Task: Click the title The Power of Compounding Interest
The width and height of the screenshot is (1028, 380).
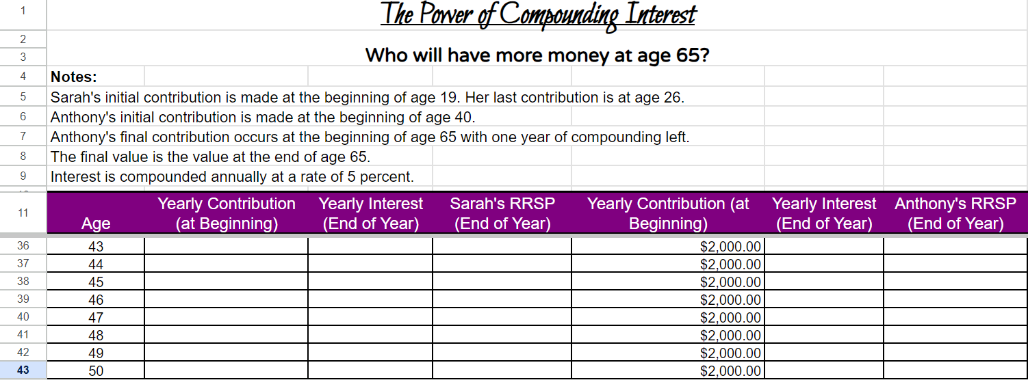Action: [537, 14]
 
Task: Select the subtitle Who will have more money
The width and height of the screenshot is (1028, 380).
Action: [537, 55]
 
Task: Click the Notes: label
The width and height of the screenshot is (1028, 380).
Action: [74, 77]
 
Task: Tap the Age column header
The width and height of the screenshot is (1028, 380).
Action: [95, 223]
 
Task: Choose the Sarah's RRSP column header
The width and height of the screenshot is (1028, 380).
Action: [502, 213]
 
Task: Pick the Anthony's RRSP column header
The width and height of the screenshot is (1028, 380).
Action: [955, 213]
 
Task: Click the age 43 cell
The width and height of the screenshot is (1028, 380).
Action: [95, 247]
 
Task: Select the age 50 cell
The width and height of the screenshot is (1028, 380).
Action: [95, 371]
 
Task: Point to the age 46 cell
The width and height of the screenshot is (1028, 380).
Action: [95, 300]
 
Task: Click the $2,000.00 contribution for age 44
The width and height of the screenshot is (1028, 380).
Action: [730, 264]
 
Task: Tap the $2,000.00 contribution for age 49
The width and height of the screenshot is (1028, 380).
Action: [730, 353]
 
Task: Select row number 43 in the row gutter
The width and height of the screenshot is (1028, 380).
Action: [23, 370]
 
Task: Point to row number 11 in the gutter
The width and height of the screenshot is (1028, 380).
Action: [23, 213]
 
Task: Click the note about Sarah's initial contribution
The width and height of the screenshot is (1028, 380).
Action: [367, 97]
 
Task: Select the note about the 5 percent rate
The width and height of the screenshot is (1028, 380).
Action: [232, 177]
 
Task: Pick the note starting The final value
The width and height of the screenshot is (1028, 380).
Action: [210, 157]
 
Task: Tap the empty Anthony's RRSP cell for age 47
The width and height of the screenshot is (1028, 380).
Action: [955, 317]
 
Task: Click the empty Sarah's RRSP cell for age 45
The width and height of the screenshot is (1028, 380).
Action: [502, 282]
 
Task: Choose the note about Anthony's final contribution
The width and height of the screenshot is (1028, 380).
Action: [370, 137]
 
